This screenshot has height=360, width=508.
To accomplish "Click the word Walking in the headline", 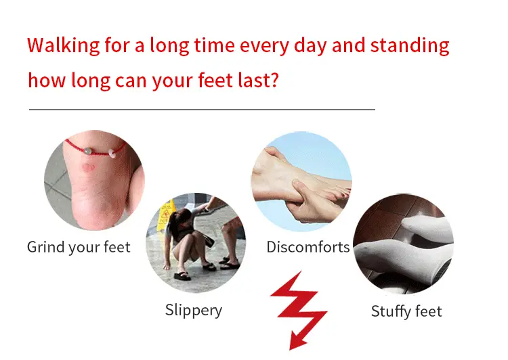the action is (64, 45).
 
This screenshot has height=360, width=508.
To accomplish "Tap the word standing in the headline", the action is (410, 45).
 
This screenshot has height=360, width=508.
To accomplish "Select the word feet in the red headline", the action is (215, 80).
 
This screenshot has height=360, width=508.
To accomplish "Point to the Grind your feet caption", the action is (79, 247).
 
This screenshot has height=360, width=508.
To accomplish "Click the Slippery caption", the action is (194, 310).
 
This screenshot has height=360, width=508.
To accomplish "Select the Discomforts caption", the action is (308, 247).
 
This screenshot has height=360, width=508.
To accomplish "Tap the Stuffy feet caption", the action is (406, 311).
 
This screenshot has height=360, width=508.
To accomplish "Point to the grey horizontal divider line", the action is (202, 110).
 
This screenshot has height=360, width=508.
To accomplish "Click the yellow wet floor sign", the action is (166, 215).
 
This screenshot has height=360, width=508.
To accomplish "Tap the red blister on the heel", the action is (87, 167).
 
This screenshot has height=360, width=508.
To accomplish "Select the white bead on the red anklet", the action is (112, 153).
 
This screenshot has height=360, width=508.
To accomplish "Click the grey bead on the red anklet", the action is (87, 151).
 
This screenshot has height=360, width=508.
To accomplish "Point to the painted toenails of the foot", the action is (340, 194).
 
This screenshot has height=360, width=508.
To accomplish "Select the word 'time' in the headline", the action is (214, 45).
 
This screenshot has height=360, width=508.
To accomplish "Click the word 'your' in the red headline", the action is (172, 81).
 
